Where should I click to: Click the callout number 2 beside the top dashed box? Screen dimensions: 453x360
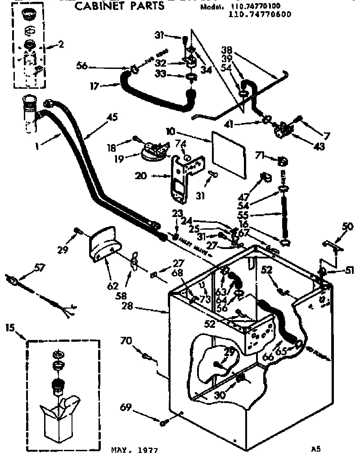pyautogui.click(x=61, y=44)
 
